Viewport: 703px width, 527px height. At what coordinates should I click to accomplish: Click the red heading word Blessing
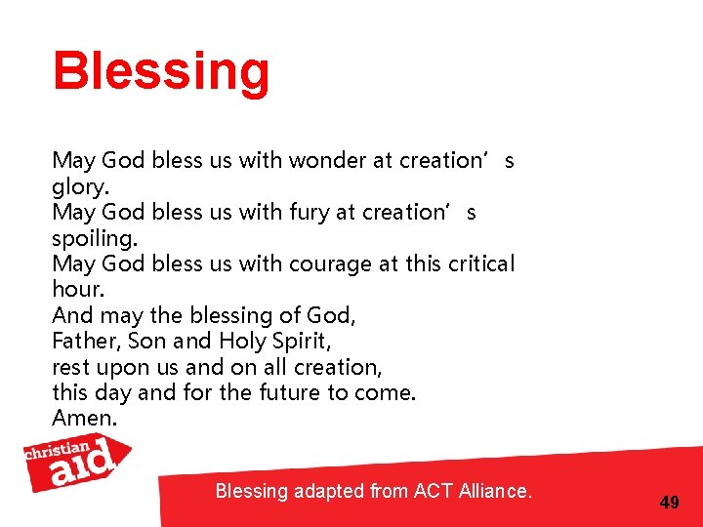pyautogui.click(x=161, y=73)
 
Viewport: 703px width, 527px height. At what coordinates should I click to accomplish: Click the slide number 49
pyautogui.click(x=670, y=503)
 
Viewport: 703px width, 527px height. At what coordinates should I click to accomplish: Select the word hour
pyautogui.click(x=77, y=289)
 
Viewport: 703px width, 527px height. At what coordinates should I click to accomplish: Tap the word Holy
pyautogui.click(x=240, y=342)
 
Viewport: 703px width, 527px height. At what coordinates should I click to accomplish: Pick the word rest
pyautogui.click(x=68, y=368)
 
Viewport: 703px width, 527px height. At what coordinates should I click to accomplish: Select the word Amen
pyautogui.click(x=84, y=419)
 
